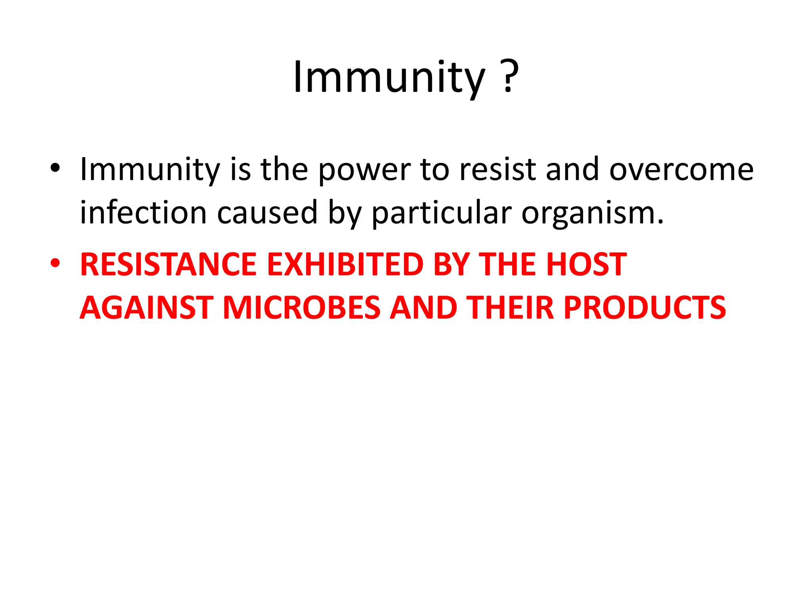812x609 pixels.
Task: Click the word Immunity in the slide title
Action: pyautogui.click(x=389, y=77)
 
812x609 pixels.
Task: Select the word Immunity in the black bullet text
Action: pyautogui.click(x=150, y=170)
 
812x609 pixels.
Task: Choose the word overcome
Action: pyautogui.click(x=681, y=170)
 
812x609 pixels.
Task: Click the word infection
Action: pyautogui.click(x=143, y=213)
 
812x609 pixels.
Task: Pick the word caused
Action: pyautogui.click(x=267, y=213)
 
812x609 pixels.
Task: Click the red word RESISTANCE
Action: pyautogui.click(x=168, y=264)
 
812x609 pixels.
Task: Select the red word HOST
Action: pyautogui.click(x=586, y=264)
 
